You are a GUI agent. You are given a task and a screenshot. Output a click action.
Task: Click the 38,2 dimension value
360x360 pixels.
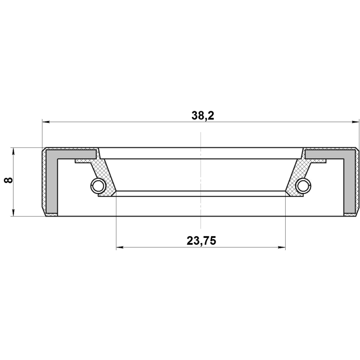point(202,115)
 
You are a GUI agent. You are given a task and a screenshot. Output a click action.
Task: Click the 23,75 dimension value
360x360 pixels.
point(201,241)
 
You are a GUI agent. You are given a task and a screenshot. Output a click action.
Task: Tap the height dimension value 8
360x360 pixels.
point(8,180)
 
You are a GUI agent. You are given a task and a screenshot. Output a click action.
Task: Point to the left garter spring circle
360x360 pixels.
point(98,185)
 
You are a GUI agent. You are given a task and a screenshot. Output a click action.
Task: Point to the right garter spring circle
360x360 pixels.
point(303,185)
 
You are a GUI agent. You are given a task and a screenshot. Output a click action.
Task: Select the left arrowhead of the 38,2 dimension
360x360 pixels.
point(46,121)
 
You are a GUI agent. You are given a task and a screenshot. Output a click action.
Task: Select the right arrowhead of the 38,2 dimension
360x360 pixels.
point(355,121)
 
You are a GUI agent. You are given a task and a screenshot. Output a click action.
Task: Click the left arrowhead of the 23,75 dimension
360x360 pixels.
point(120,247)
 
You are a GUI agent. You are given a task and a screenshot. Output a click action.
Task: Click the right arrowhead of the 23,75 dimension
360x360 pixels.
point(282,247)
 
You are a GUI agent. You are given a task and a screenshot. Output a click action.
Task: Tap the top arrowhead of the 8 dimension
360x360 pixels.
point(13,151)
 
